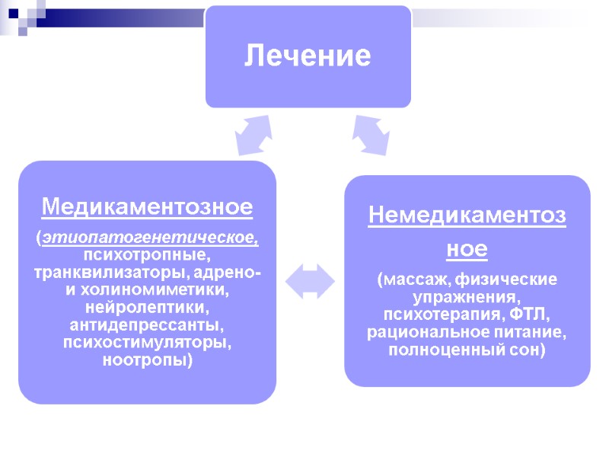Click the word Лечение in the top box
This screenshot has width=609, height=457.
coord(308,56)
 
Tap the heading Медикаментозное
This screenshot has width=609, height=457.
coord(147,206)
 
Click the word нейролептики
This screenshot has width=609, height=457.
coord(147,308)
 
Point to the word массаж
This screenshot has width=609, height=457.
coord(409,280)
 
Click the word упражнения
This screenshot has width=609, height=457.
coord(467,297)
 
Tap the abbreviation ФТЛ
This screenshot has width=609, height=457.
coord(533,315)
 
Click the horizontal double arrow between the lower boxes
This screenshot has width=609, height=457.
coord(310,281)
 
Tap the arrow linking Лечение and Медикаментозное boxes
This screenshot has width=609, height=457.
coord(253,135)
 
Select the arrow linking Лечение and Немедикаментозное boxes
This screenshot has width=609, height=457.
coord(369,135)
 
